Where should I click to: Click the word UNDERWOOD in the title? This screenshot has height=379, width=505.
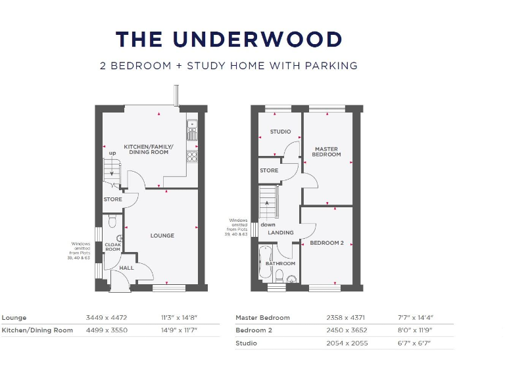pyautogui.click(x=257, y=39)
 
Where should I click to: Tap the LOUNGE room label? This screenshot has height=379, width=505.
pyautogui.click(x=162, y=236)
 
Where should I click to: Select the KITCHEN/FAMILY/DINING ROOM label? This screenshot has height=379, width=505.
pyautogui.click(x=146, y=149)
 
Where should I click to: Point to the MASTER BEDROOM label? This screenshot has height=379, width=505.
pyautogui.click(x=327, y=151)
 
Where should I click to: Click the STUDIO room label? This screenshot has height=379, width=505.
pyautogui.click(x=280, y=132)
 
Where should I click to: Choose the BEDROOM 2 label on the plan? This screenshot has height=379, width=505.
pyautogui.click(x=327, y=243)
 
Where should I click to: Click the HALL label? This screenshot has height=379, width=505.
pyautogui.click(x=126, y=268)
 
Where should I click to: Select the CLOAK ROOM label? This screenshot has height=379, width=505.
pyautogui.click(x=112, y=247)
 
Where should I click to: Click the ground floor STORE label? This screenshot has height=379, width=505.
pyautogui.click(x=112, y=199)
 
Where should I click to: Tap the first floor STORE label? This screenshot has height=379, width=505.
pyautogui.click(x=269, y=170)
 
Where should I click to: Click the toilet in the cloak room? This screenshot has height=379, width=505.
pyautogui.click(x=111, y=220)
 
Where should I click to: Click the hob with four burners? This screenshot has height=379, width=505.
pyautogui.click(x=193, y=156)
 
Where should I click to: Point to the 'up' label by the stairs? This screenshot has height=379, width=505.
pyautogui.click(x=112, y=153)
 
